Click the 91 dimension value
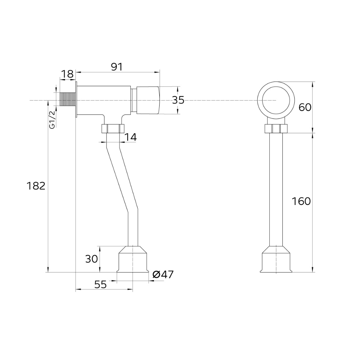[117, 67]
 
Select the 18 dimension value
[67, 74]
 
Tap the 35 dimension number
[178, 100]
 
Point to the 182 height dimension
[36, 186]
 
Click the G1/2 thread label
[53, 120]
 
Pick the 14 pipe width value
[130, 137]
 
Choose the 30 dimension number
[91, 259]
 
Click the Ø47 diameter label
[163, 274]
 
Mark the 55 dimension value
[101, 284]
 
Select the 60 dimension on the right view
[305, 107]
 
